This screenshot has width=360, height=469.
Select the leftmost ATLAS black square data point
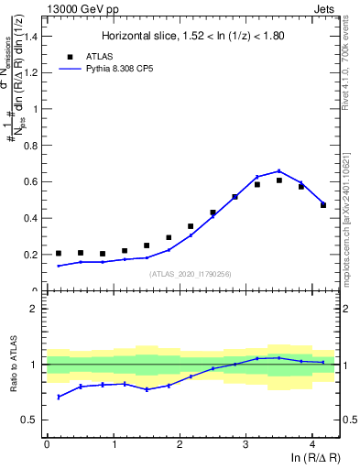(59, 254)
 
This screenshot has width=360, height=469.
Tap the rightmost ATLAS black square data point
(323, 205)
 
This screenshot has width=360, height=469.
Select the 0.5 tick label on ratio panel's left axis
(28, 420)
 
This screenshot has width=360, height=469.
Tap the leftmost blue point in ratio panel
(59, 397)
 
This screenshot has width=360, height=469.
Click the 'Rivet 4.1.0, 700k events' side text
(352, 64)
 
